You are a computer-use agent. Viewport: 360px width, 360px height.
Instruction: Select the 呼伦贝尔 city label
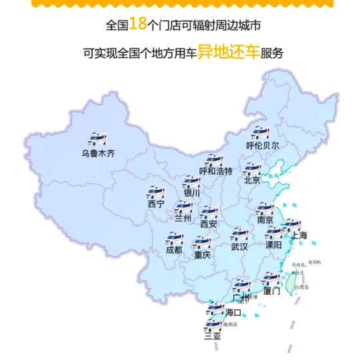point(263,145)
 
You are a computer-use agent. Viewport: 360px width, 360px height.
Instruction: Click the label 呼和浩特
point(216,171)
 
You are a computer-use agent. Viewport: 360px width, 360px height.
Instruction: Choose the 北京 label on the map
point(252,180)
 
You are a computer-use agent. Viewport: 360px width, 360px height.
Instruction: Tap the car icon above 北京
point(252,168)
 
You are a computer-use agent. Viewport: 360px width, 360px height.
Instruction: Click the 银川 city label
point(192,194)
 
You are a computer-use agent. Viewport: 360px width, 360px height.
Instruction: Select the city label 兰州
point(183,218)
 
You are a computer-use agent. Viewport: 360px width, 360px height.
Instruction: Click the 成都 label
point(173,250)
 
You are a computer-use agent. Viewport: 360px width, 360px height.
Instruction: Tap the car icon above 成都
point(175,238)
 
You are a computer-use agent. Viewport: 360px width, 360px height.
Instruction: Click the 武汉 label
point(239,247)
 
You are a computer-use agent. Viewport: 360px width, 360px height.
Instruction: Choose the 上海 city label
point(299,235)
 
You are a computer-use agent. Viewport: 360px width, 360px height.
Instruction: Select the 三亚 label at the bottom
point(213,337)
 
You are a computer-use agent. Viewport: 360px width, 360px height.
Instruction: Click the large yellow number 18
point(137,25)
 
